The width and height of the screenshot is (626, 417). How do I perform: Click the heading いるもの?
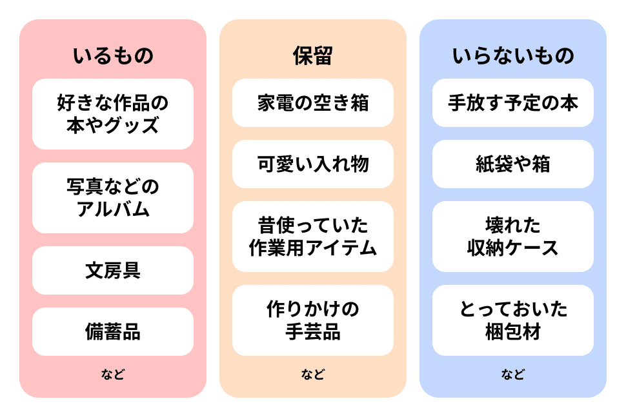tap(113, 56)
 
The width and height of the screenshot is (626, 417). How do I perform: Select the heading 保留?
tap(313, 56)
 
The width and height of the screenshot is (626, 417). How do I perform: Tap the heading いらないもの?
tap(513, 56)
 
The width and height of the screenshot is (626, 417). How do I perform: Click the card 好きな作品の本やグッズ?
tap(113, 114)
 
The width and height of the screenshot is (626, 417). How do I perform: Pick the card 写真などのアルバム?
tap(113, 198)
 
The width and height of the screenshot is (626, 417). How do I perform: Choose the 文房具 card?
tap(113, 270)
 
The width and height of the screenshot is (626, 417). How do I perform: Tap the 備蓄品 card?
tap(113, 331)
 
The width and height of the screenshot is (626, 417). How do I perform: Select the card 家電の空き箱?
tap(313, 103)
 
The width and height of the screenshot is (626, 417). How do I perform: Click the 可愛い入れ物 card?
tap(313, 164)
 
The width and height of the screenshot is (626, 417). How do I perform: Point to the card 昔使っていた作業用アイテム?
tap(313, 237)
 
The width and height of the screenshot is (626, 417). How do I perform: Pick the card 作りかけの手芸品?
tap(313, 320)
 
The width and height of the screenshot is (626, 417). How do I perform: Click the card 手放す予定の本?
tap(513, 103)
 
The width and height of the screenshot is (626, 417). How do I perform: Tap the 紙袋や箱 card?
tap(513, 164)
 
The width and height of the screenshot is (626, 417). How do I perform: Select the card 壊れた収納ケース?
tap(513, 237)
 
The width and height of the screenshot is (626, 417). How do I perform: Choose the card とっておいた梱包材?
tap(513, 320)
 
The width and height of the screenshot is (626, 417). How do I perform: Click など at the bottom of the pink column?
tap(113, 374)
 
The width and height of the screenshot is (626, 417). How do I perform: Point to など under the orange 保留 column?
tap(313, 374)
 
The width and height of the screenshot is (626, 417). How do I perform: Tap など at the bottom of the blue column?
tap(513, 374)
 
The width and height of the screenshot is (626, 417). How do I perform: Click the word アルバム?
tap(113, 209)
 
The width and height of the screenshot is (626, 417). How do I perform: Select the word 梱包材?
tap(513, 332)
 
